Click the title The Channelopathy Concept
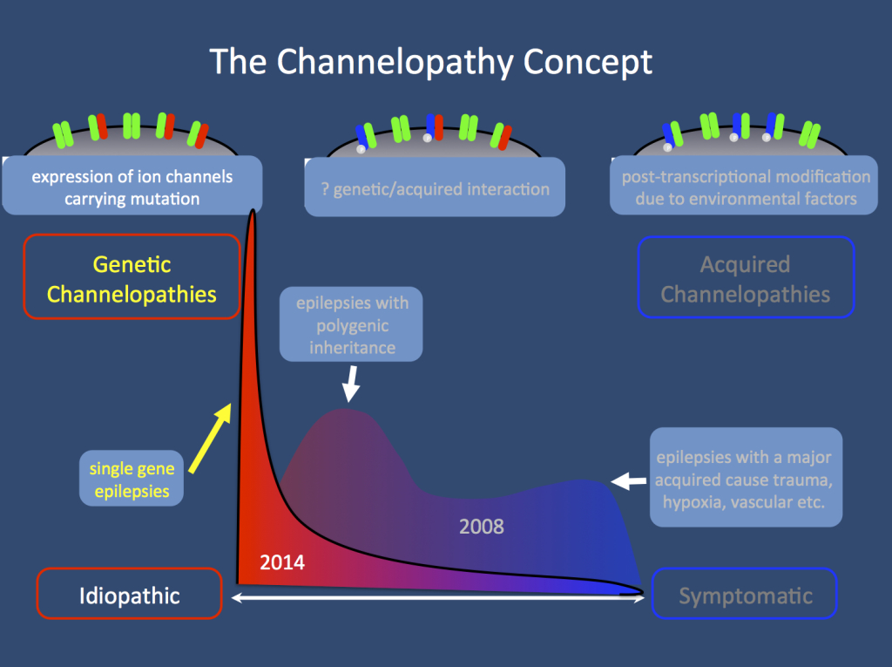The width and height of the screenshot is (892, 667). (x=430, y=62)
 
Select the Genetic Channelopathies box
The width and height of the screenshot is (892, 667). (x=132, y=278)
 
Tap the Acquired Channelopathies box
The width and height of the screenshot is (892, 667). (x=745, y=278)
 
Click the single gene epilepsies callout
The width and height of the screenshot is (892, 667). (x=132, y=480)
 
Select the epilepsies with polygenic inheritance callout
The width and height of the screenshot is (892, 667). (x=350, y=323)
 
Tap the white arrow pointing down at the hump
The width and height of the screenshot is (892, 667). (x=351, y=384)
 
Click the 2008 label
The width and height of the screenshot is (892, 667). (x=481, y=527)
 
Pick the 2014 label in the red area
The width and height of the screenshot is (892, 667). (x=282, y=563)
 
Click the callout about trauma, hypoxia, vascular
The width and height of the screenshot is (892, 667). (x=746, y=477)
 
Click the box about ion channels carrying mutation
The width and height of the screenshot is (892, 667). (x=132, y=187)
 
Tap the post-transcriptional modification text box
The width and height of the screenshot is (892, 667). (x=745, y=187)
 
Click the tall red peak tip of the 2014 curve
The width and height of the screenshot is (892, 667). (x=253, y=213)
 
